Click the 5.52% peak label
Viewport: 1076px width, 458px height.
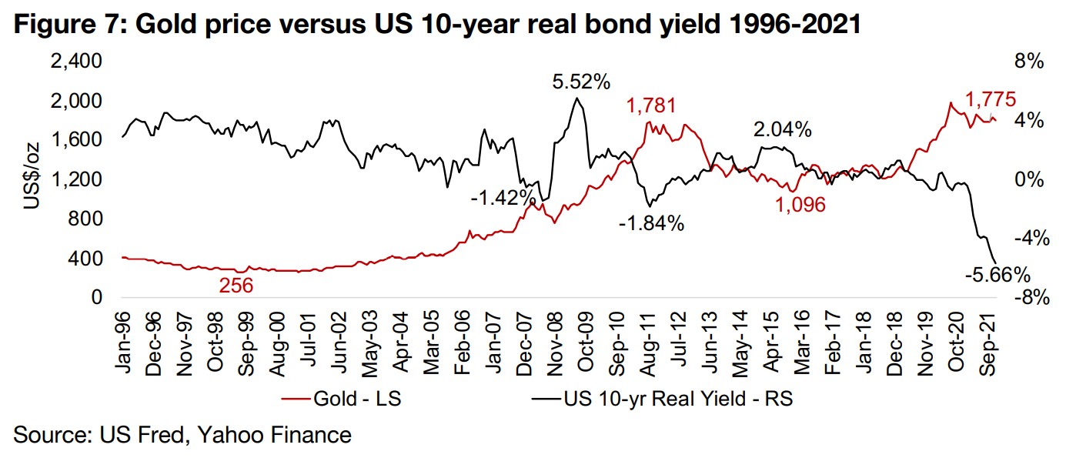click(581, 81)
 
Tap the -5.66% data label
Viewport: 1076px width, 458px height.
click(997, 274)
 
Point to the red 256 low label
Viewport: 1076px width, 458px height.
click(236, 286)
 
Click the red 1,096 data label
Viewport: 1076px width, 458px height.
click(800, 205)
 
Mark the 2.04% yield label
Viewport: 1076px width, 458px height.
click(782, 130)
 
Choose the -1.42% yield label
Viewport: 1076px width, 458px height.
click(503, 197)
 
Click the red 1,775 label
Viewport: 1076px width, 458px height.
click(991, 99)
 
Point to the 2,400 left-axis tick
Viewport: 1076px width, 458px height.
click(76, 62)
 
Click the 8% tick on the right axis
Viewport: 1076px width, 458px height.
click(1028, 62)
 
